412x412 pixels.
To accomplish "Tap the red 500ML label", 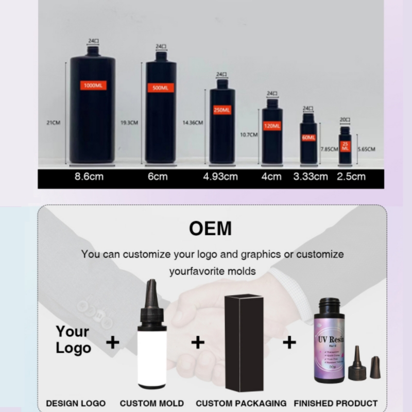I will [x=160, y=88].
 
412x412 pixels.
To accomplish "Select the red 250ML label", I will [x=222, y=110].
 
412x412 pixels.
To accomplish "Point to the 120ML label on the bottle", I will [x=272, y=126].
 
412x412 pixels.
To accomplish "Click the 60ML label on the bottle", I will [x=308, y=138].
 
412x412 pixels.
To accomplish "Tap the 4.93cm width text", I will [x=220, y=177].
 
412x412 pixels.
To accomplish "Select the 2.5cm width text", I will [x=351, y=177].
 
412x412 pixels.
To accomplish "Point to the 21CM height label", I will [x=54, y=123].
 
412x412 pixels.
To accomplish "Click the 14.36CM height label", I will [x=193, y=123].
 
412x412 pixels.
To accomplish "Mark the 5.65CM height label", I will [x=366, y=149].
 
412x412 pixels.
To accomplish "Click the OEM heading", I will [x=210, y=228].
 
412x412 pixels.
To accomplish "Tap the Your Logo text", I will [x=73, y=339].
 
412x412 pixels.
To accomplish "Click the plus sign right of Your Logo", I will [x=112, y=342].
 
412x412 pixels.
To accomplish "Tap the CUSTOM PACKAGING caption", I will [x=241, y=403].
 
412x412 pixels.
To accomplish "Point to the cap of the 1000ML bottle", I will [x=93, y=50].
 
